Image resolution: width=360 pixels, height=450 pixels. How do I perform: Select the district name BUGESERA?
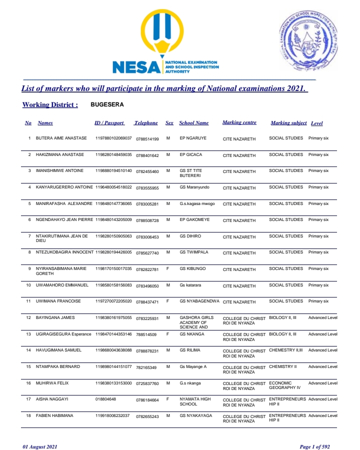(x=107, y=105)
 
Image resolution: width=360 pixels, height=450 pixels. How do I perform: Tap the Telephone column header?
(x=146, y=123)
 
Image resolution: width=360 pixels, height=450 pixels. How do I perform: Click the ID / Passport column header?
(x=109, y=123)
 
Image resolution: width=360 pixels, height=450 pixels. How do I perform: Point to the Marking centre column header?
(x=239, y=123)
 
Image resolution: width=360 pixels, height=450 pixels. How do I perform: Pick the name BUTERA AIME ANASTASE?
(x=61, y=138)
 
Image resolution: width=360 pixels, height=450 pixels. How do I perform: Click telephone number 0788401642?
(x=147, y=155)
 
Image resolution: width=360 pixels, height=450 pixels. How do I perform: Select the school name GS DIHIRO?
(x=191, y=236)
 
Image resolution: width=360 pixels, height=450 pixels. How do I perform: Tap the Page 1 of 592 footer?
(x=314, y=446)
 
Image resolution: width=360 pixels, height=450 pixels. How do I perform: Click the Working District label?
(x=50, y=105)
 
